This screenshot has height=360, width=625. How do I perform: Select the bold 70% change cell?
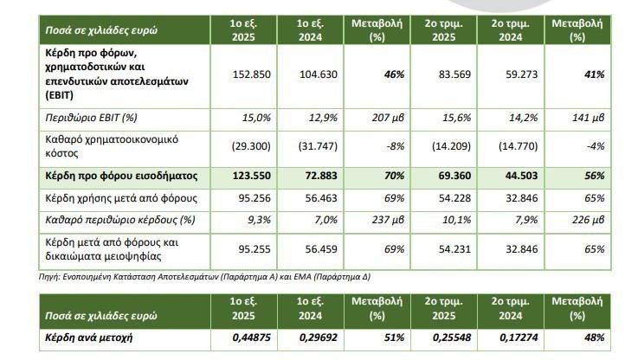coord(381,176)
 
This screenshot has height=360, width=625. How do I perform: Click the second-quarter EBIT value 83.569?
coord(447,75)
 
